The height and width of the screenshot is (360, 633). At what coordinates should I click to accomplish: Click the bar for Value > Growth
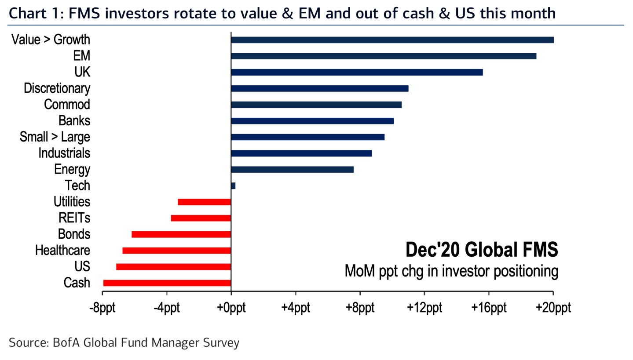coord(392,40)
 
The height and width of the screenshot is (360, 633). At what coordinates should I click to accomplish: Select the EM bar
coord(383,56)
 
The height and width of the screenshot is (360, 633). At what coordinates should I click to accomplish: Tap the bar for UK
coord(357,72)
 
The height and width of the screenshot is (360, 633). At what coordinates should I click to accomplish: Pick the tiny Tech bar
coord(233,185)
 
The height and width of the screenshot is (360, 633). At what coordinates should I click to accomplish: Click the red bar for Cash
coord(167,283)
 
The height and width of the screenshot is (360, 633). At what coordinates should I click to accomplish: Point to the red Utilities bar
coord(204,202)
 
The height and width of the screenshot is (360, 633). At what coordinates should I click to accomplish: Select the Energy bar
coord(292,169)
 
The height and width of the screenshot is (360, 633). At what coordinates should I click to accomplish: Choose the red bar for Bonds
coord(181,234)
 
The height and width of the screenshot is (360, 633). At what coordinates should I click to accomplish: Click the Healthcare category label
coord(62,251)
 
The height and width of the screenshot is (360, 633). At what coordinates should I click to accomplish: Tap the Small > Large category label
coord(55,137)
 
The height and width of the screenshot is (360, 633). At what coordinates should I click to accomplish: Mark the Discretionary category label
coord(57,88)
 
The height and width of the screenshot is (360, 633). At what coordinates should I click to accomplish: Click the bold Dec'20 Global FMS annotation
coord(482,251)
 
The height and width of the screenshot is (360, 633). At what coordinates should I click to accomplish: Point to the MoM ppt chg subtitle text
coord(451,271)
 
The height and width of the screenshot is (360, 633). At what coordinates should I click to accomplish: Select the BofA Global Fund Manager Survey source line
coord(124,342)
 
